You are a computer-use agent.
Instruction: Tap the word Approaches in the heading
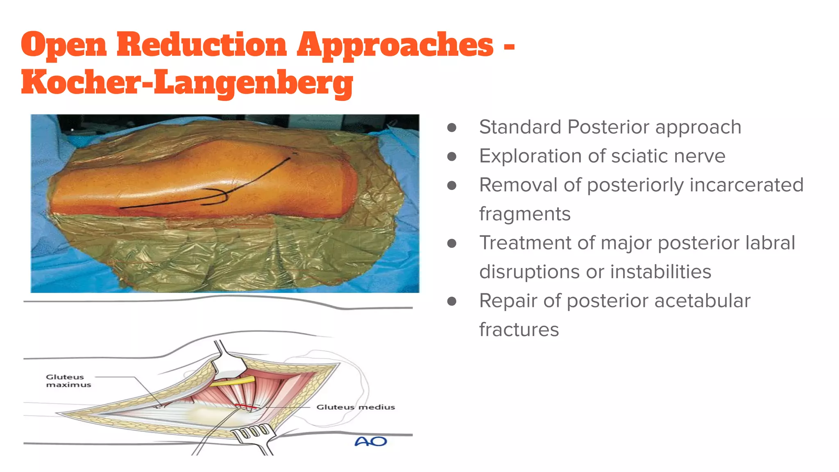[x=395, y=45]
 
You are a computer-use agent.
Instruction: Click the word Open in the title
[x=63, y=45]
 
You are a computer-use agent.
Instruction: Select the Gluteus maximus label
[x=68, y=381]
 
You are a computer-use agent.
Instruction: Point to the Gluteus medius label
[x=355, y=407]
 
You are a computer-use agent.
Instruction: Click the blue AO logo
[x=370, y=441]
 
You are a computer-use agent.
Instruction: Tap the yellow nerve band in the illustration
[x=232, y=382]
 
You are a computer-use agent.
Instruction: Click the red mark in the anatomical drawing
[x=246, y=407]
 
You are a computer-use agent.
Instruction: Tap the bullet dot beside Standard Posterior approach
[x=452, y=127]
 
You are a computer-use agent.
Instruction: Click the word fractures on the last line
[x=519, y=330]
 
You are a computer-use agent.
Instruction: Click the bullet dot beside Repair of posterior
[x=452, y=302]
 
